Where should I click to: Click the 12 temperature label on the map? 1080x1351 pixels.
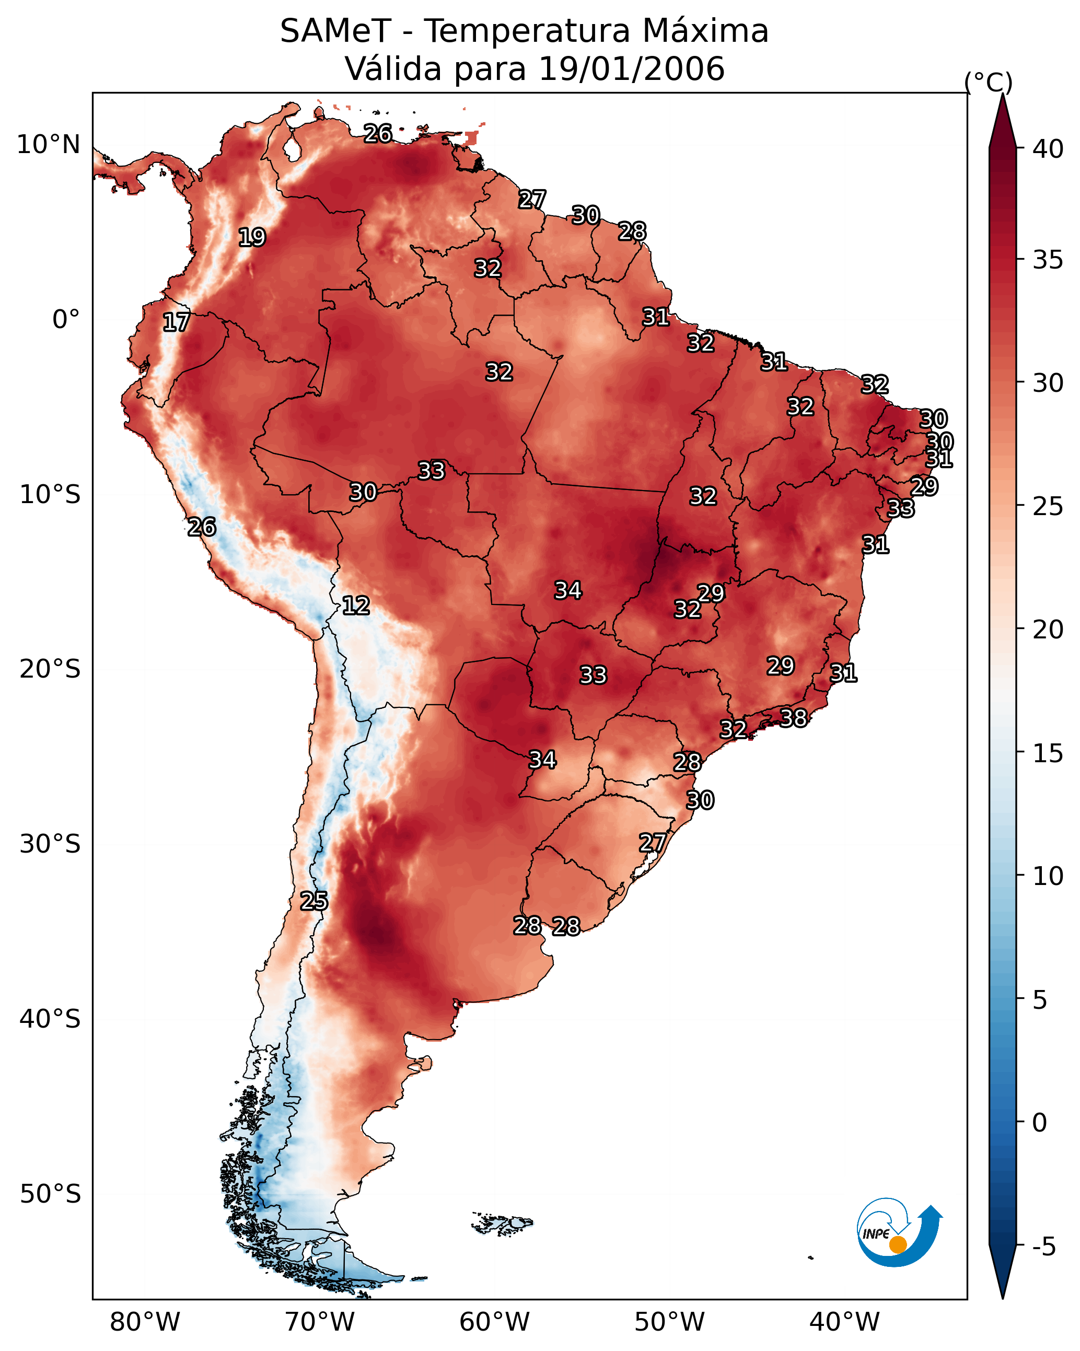coord(356,605)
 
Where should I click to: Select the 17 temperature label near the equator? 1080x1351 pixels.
coord(176,322)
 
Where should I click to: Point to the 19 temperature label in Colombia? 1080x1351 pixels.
coord(252,238)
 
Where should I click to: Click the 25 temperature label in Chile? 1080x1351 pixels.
coord(314,901)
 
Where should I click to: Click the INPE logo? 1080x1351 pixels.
coord(899,1234)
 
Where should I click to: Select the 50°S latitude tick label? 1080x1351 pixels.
coord(50,1194)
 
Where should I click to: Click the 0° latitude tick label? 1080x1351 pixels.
coord(66,320)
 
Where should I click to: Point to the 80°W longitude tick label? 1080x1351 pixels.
coord(145,1322)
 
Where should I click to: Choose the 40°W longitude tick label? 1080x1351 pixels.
coord(844,1322)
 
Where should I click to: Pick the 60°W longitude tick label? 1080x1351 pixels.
coord(495,1322)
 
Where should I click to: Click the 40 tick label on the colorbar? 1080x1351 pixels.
coord(1048,149)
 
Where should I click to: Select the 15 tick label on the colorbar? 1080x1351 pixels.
coord(1048,754)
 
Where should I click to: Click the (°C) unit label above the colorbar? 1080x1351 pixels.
coord(989,82)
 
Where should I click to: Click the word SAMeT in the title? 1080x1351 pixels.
coord(336,31)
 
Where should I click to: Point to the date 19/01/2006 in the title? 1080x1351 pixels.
coord(632,69)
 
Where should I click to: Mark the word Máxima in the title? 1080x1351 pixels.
coord(706,31)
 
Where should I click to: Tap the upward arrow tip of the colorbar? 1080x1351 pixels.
coord(1003,94)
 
